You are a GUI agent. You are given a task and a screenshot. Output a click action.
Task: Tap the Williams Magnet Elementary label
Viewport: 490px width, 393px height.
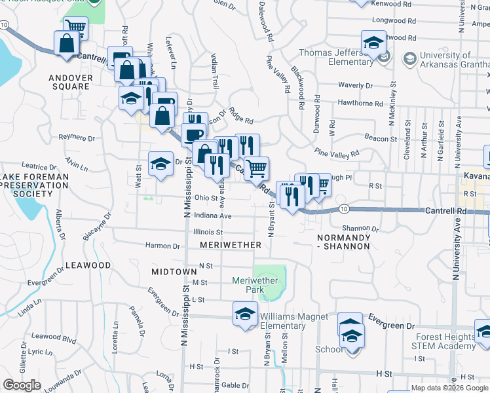tap(294, 322)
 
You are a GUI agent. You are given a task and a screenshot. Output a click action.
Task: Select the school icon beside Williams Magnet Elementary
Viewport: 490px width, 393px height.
tap(245, 313)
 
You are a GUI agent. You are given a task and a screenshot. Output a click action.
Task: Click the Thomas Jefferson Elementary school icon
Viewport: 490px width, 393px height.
tap(373, 43)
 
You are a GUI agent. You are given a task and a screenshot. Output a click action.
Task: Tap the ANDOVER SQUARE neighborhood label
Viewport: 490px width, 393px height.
tap(70, 82)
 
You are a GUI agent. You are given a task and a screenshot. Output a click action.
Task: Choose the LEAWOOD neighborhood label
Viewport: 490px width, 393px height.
tap(88, 265)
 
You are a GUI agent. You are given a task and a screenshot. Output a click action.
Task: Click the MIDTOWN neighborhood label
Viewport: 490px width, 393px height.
tap(174, 271)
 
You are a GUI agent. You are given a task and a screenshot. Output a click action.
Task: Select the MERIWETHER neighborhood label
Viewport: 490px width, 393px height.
tap(231, 244)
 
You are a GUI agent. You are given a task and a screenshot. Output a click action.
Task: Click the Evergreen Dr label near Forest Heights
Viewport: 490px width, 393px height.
tap(391, 326)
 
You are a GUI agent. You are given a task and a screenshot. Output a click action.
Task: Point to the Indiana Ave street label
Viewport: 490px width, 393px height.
tap(213, 215)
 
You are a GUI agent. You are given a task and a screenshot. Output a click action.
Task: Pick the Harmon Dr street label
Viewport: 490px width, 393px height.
tap(162, 246)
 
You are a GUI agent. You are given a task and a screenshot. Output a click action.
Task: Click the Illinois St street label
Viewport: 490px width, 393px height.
tap(208, 231)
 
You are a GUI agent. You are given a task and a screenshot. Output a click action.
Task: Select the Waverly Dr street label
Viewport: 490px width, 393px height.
tap(355, 85)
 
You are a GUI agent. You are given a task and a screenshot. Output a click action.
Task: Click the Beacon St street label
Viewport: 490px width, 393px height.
tap(381, 139)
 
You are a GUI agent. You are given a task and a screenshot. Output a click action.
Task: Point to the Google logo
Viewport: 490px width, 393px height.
tap(22, 385)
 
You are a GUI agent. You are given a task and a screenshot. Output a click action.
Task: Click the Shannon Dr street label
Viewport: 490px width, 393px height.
tap(366, 228)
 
